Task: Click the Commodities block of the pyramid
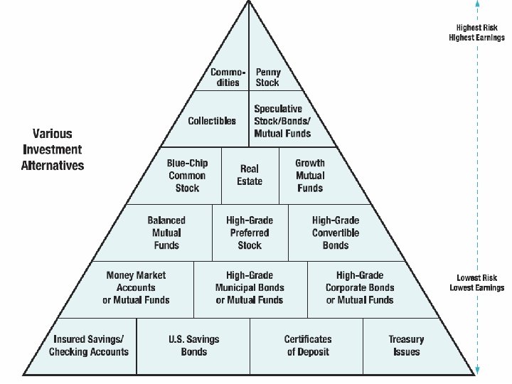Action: (228, 77)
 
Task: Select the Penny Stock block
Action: (268, 77)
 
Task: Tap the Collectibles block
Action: (212, 121)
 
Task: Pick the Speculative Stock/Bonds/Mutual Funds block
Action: (282, 121)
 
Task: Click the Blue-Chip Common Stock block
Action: (187, 176)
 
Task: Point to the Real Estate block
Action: (250, 175)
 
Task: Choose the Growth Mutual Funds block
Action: (310, 176)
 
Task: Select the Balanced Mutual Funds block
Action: (166, 233)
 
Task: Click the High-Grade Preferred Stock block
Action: (250, 233)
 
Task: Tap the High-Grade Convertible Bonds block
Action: (336, 233)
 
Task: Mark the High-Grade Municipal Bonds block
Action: (250, 287)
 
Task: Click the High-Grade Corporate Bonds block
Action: (360, 287)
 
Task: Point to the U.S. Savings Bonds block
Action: (193, 346)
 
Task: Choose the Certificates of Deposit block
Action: (308, 346)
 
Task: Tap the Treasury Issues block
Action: (405, 346)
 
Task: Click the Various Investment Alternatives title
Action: (53, 149)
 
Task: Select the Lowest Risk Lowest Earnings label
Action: (476, 282)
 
